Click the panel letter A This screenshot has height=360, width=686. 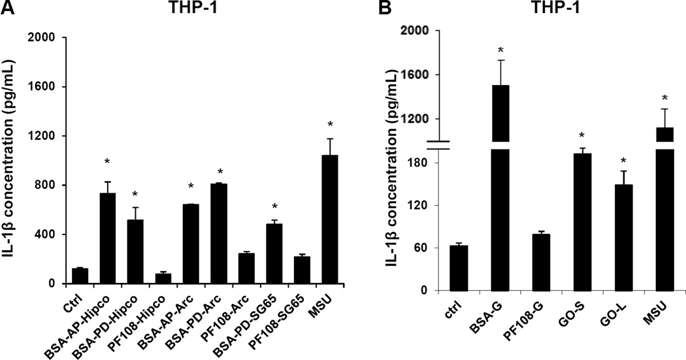(8, 8)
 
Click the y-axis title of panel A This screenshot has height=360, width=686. (13, 160)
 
